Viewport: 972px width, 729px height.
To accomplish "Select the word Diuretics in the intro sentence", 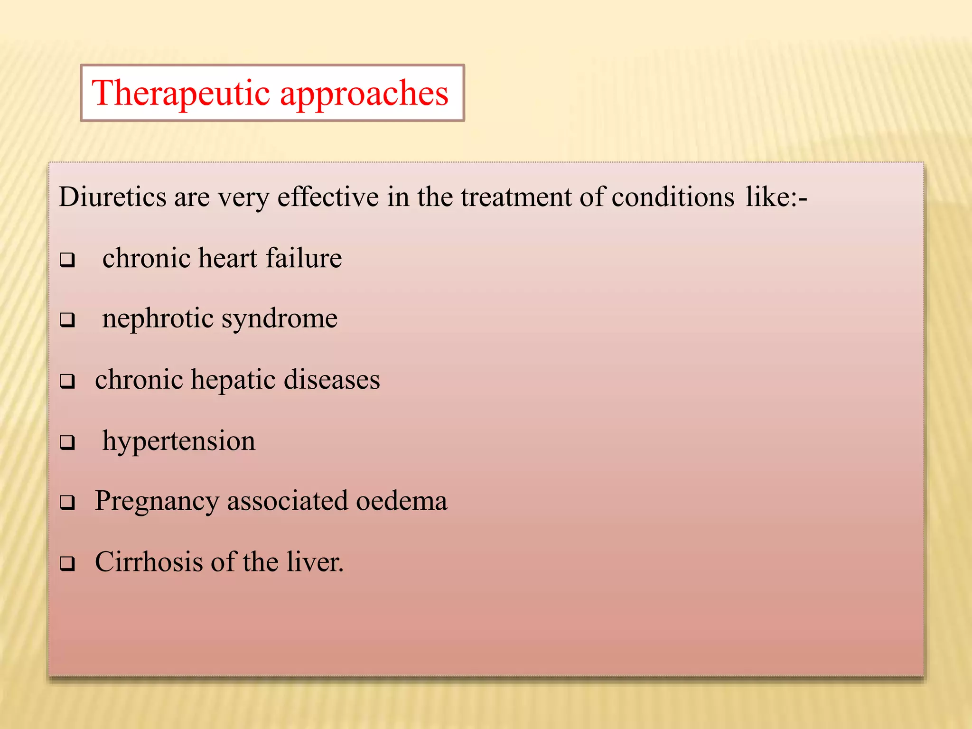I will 112,197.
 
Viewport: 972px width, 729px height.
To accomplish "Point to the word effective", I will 328,197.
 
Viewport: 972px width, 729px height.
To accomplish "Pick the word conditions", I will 673,197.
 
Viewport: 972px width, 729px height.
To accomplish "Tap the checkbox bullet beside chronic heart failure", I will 67,260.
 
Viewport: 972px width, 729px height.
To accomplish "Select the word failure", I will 304,259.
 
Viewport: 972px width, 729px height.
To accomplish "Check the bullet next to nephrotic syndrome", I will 67,320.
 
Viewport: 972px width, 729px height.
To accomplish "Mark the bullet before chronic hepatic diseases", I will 67,381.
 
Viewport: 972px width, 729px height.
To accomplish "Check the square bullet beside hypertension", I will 67,442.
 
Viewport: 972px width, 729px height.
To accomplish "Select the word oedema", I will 402,501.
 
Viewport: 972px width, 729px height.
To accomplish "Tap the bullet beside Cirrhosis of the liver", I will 67,564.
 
